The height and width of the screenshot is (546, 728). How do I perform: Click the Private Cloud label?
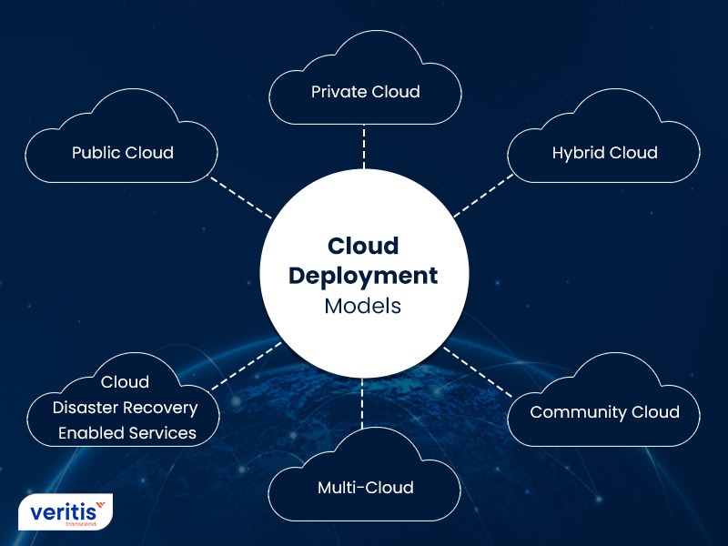click(x=365, y=92)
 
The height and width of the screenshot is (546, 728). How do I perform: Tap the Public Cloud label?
click(x=123, y=152)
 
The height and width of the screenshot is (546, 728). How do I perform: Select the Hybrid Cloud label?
click(x=604, y=153)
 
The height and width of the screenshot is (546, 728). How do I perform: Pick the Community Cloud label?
click(x=604, y=412)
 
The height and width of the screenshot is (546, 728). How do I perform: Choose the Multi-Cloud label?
click(x=365, y=488)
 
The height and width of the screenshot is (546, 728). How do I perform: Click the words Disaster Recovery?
click(x=126, y=408)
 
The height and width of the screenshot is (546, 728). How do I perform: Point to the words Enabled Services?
click(x=126, y=433)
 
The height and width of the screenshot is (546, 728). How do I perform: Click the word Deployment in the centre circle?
click(x=364, y=275)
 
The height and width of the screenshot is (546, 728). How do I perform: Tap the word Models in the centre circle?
click(x=363, y=306)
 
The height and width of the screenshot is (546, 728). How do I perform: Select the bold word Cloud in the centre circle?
click(x=363, y=246)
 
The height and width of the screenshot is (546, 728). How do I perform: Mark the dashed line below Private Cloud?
click(x=364, y=146)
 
